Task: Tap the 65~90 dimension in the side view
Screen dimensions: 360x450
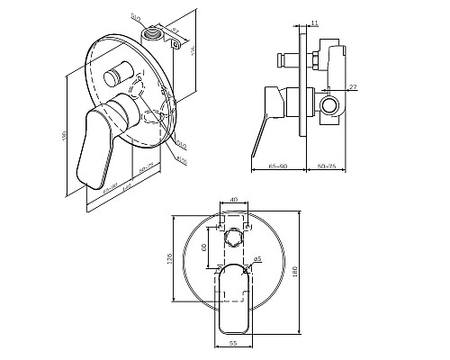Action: click(x=279, y=166)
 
